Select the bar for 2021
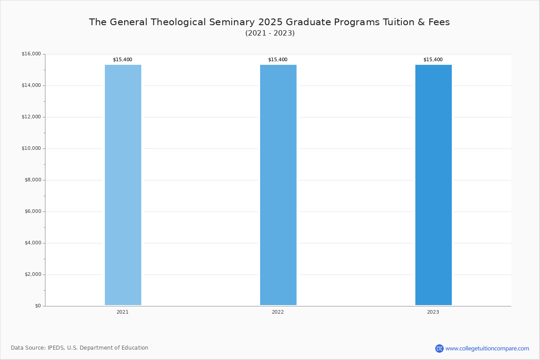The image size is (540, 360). pyautogui.click(x=123, y=185)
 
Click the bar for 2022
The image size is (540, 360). pyautogui.click(x=278, y=185)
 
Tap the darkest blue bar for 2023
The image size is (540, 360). pyautogui.click(x=433, y=185)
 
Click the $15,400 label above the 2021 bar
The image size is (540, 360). pyautogui.click(x=122, y=59)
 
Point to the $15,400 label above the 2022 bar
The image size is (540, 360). pyautogui.click(x=278, y=59)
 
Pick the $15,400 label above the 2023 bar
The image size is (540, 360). pyautogui.click(x=433, y=59)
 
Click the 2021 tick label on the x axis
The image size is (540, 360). pyautogui.click(x=122, y=312)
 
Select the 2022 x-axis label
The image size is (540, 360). pyautogui.click(x=278, y=312)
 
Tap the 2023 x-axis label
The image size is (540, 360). pyautogui.click(x=433, y=312)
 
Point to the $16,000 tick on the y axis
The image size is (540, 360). pyautogui.click(x=31, y=54)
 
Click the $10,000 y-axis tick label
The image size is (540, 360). pyautogui.click(x=31, y=148)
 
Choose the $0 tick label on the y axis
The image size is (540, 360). pyautogui.click(x=38, y=306)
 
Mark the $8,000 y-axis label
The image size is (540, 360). pyautogui.click(x=33, y=180)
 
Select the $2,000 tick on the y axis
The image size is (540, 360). pyautogui.click(x=33, y=274)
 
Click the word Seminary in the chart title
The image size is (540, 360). pyautogui.click(x=232, y=22)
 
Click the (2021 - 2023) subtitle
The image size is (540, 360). pyautogui.click(x=270, y=33)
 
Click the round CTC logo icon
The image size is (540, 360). pyautogui.click(x=439, y=349)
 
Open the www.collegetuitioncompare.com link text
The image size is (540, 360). pyautogui.click(x=487, y=349)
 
